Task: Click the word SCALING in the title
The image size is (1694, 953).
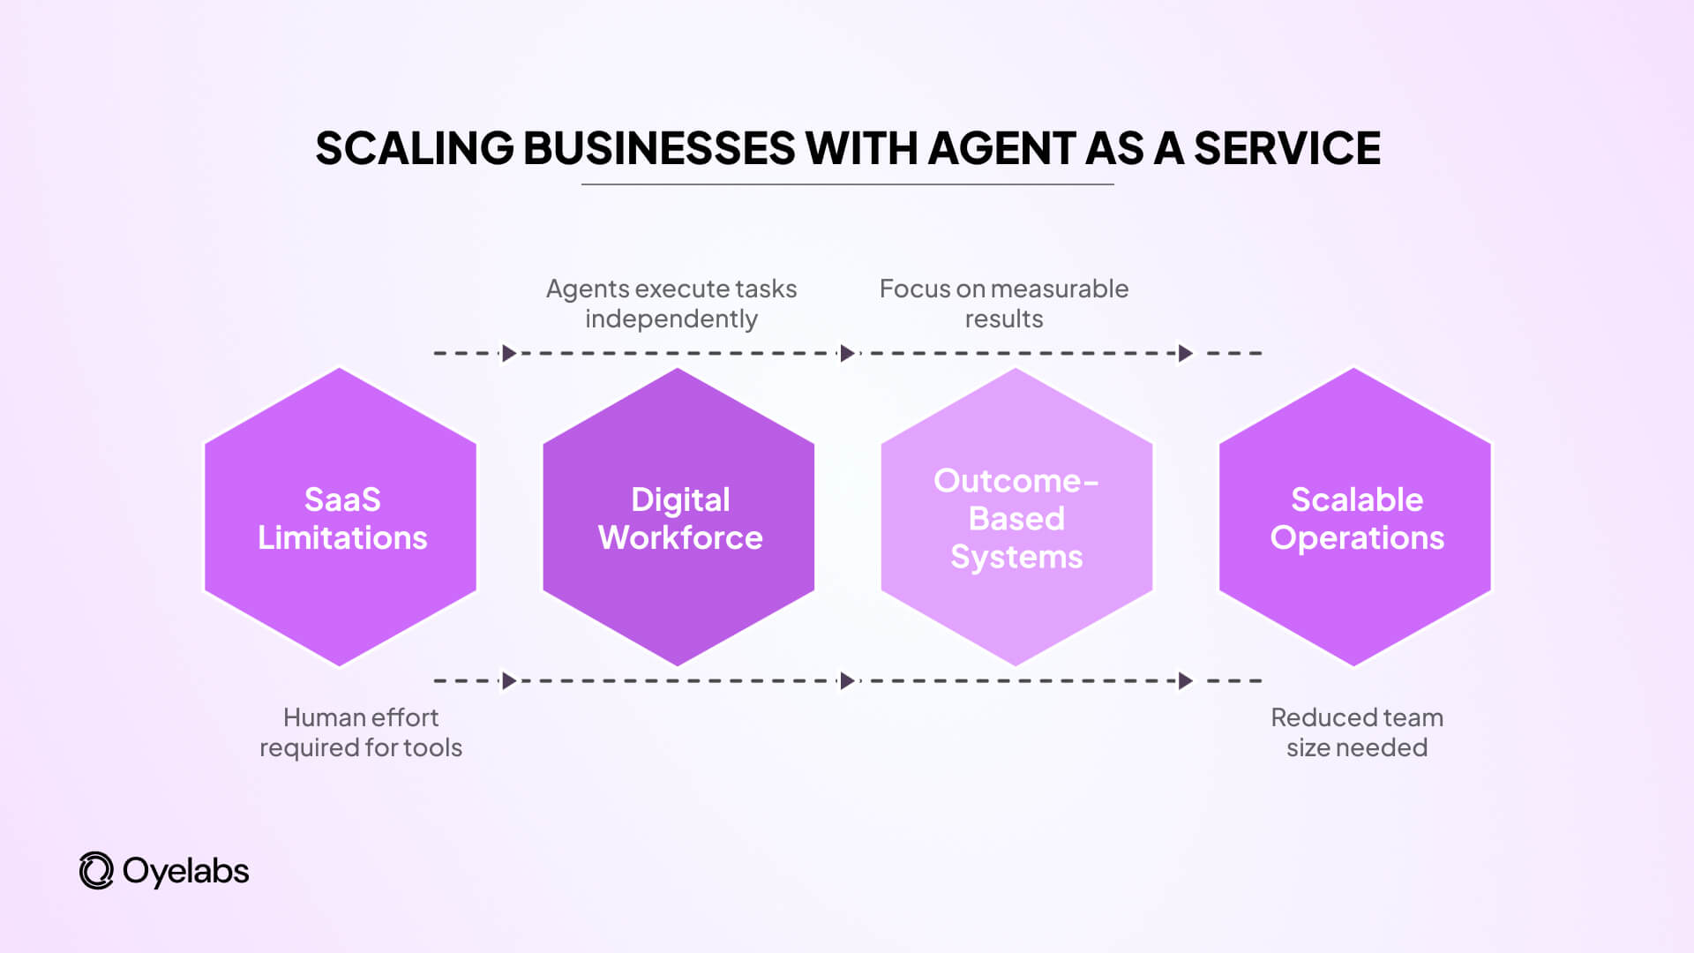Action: click(415, 148)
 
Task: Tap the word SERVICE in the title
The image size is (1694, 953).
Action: click(1286, 148)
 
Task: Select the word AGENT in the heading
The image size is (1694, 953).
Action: click(1001, 148)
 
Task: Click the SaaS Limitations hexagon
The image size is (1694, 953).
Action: click(341, 518)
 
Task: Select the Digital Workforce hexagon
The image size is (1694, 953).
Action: click(678, 518)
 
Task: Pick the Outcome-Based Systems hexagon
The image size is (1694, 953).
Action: click(1016, 518)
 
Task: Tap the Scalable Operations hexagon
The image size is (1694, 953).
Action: click(1355, 518)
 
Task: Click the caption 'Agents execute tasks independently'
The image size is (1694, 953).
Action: click(671, 304)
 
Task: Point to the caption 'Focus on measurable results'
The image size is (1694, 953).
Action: click(1004, 304)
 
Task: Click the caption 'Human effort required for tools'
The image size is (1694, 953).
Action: click(360, 732)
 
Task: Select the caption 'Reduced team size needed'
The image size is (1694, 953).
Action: click(1356, 732)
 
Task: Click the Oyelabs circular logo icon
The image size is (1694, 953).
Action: click(96, 871)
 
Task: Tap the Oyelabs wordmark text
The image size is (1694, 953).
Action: click(185, 872)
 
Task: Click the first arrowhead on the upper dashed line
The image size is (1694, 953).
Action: click(509, 354)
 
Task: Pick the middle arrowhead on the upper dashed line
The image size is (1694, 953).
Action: click(847, 354)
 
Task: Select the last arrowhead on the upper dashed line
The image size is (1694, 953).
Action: click(1186, 354)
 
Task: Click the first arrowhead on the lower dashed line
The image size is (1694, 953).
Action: click(509, 681)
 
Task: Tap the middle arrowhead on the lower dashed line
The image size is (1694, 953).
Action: click(847, 681)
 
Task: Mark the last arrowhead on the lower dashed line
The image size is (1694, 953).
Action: click(1186, 681)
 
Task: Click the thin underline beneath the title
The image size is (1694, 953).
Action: click(847, 184)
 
